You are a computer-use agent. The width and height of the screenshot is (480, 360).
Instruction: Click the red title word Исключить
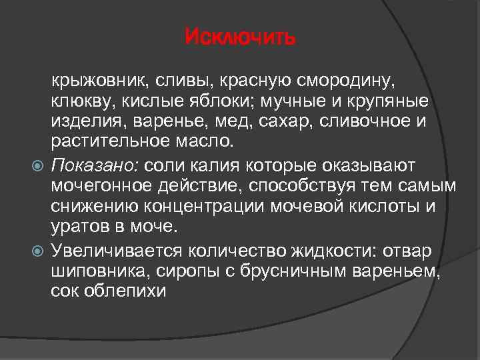pyautogui.click(x=239, y=35)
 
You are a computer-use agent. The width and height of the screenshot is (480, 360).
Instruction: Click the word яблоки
pyautogui.click(x=211, y=102)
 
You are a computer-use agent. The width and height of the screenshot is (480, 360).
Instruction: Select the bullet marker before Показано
pyautogui.click(x=37, y=165)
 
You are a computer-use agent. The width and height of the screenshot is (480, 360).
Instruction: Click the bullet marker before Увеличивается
pyautogui.click(x=37, y=250)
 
